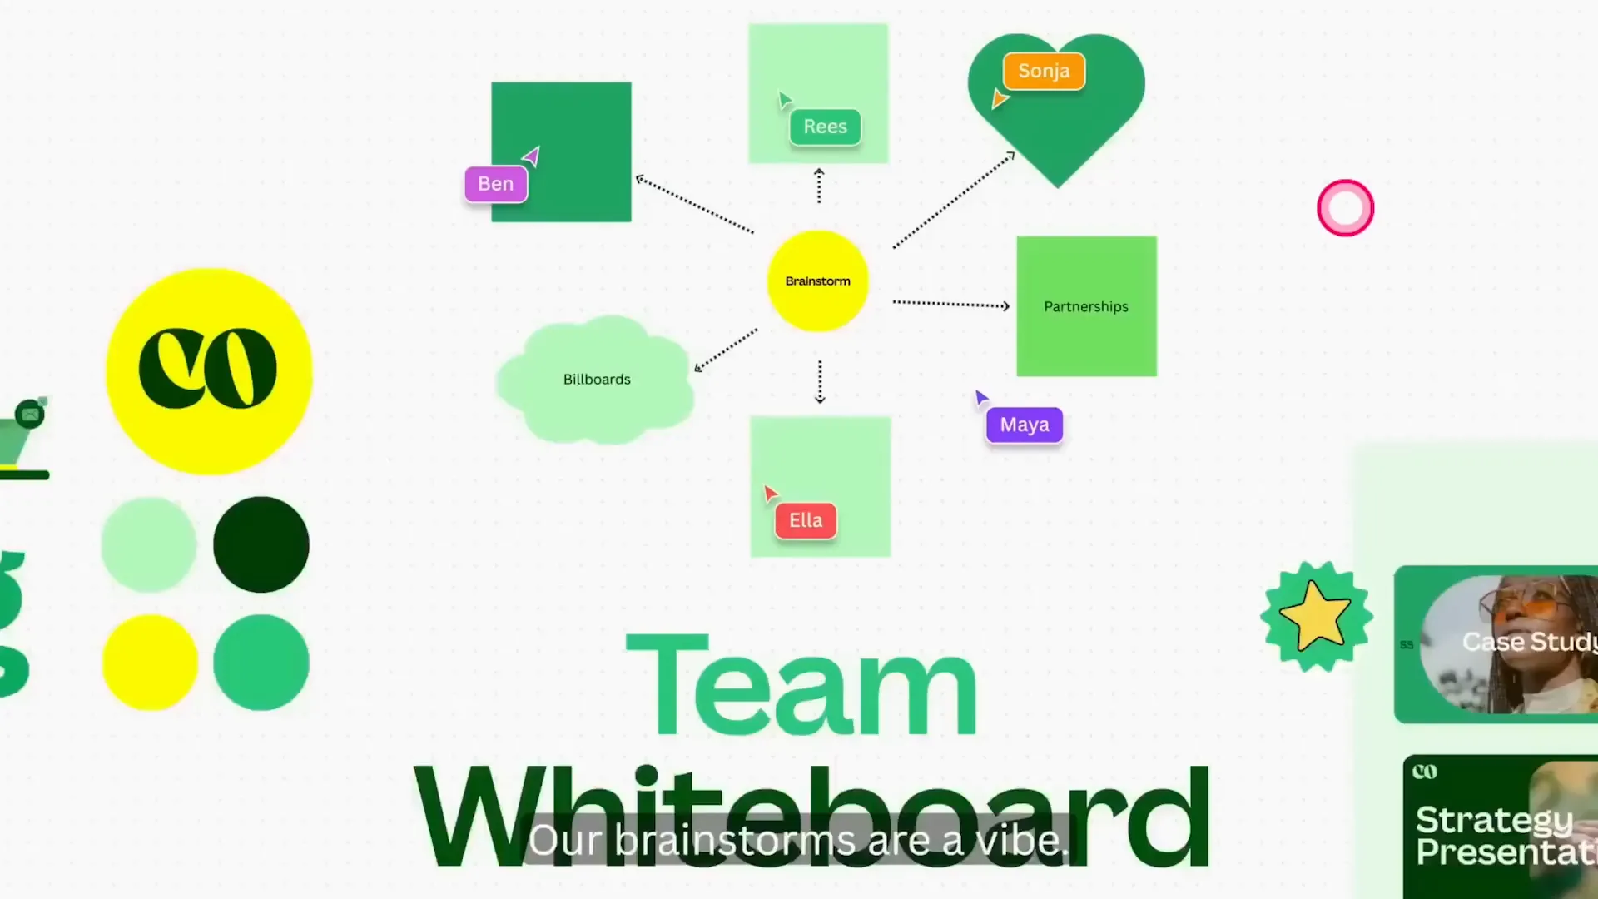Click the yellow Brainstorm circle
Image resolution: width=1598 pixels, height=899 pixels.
pos(817,281)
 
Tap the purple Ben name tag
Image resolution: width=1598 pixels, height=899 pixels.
pos(496,184)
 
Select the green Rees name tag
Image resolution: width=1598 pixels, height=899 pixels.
pos(825,127)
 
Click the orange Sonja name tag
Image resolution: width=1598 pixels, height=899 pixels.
pos(1044,72)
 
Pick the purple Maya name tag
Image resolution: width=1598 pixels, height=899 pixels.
pos(1025,425)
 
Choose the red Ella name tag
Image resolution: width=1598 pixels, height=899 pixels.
pos(806,521)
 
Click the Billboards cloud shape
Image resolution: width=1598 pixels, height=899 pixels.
pos(596,380)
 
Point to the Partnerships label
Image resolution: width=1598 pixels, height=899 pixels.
pos(1086,307)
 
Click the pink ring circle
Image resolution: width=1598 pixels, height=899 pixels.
pos(1345,208)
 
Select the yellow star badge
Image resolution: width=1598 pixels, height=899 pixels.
pos(1316,617)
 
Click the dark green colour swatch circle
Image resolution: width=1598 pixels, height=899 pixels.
pos(261,545)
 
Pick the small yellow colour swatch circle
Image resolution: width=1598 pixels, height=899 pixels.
pos(150,663)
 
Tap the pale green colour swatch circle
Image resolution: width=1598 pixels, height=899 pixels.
pos(149,545)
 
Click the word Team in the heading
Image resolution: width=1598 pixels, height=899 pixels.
pos(801,687)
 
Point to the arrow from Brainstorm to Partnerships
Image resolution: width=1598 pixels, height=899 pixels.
pos(950,305)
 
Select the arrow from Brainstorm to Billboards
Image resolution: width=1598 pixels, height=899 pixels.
pos(726,350)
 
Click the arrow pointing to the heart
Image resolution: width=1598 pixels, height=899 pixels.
pos(954,200)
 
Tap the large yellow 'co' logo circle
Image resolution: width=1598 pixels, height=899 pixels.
pos(209,371)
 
